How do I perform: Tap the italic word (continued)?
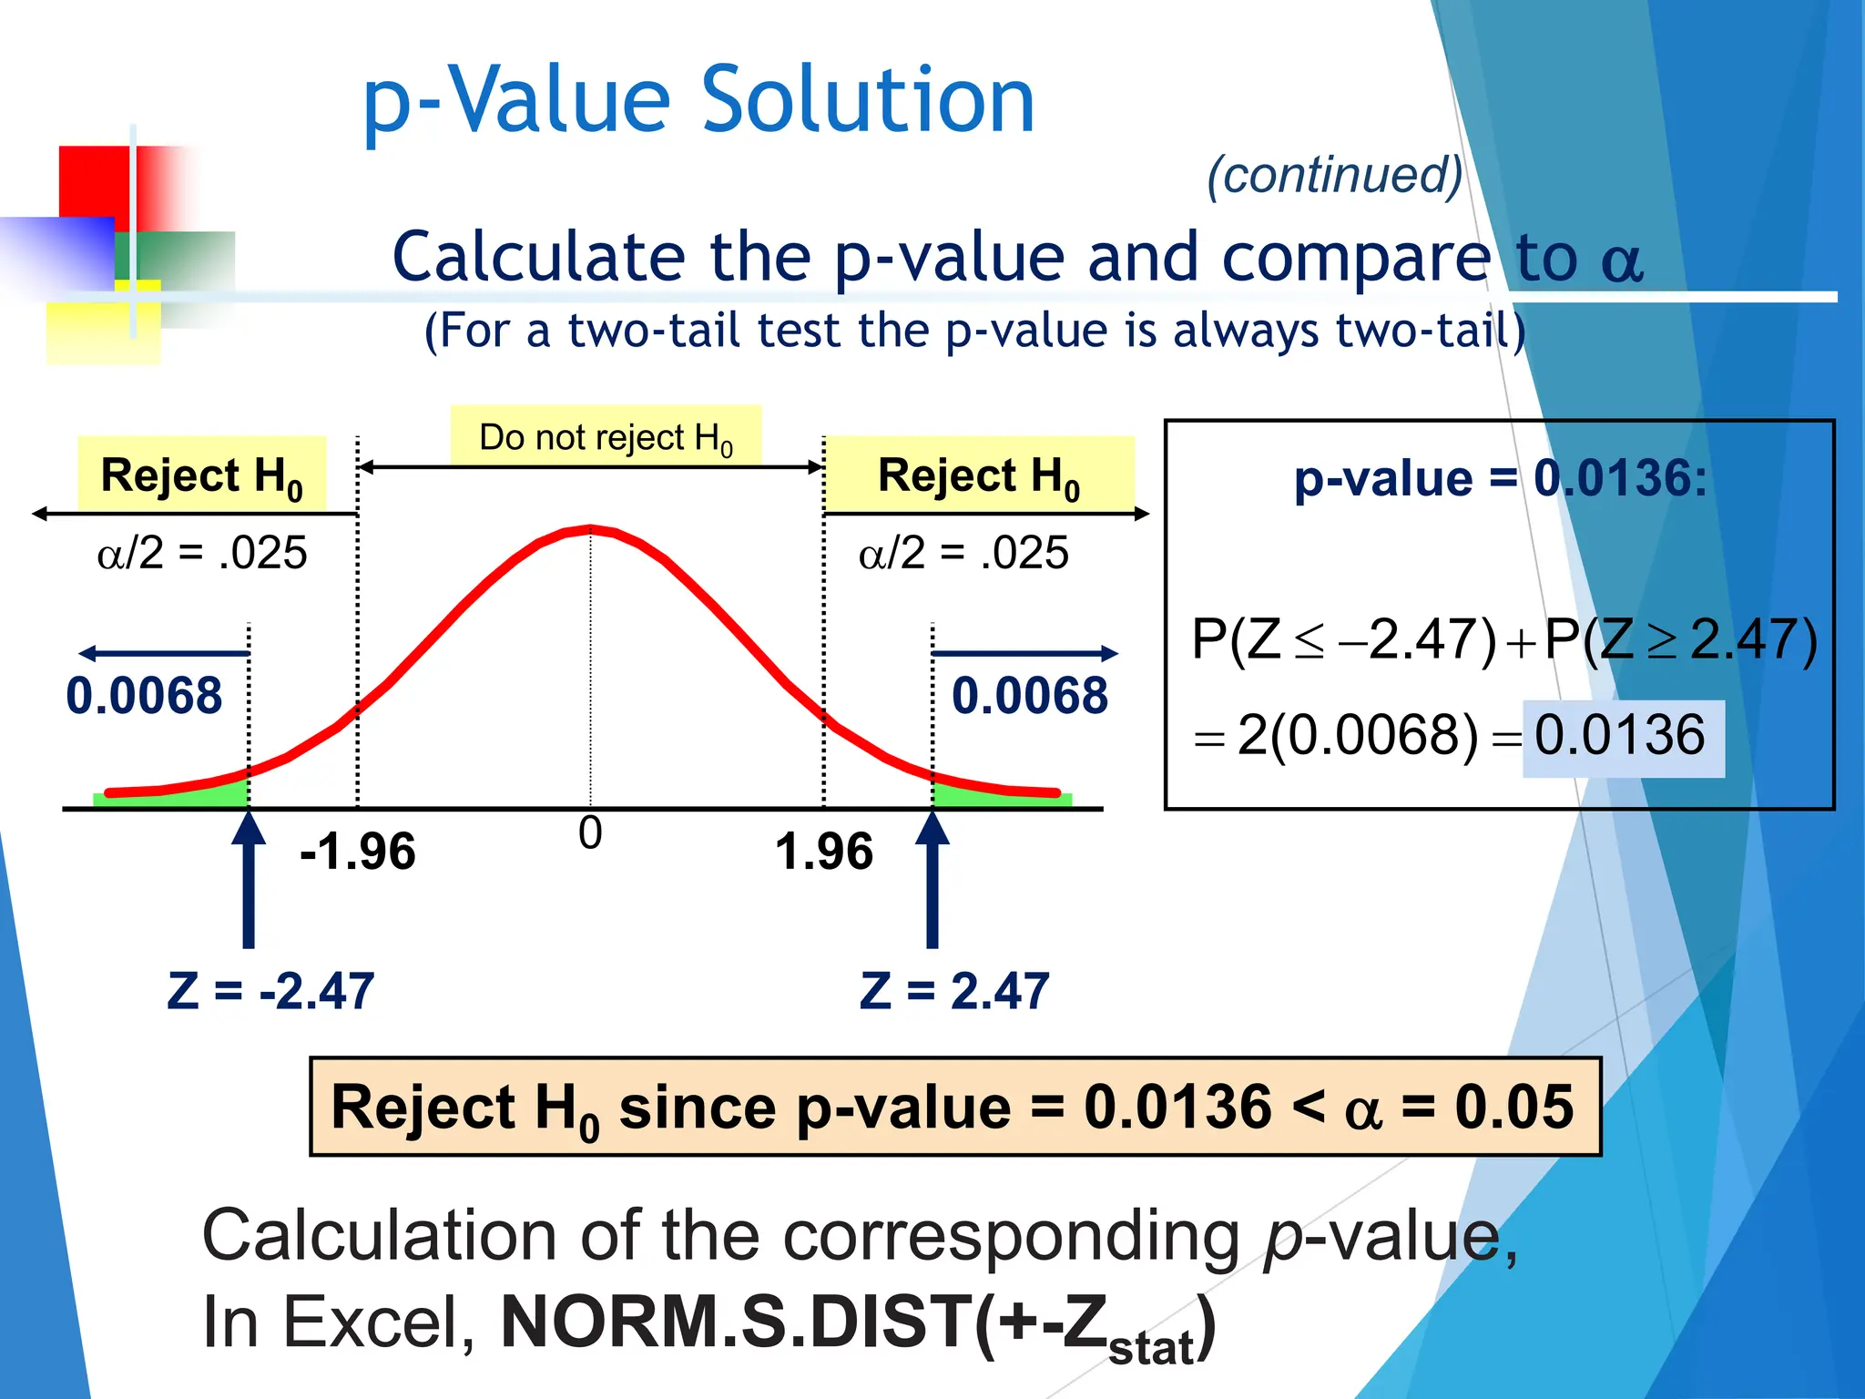1334,175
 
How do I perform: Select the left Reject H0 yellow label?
201,475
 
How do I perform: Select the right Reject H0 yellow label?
979,475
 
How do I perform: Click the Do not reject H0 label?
606,437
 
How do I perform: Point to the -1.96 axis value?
357,852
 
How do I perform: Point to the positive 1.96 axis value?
823,852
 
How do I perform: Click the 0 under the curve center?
590,832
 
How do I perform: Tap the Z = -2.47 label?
270,991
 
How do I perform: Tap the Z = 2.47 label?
954,991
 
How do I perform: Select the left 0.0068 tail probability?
144,696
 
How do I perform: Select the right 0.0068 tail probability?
1029,696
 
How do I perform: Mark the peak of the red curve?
590,528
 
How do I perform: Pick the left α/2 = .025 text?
202,553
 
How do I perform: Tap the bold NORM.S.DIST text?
736,1322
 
